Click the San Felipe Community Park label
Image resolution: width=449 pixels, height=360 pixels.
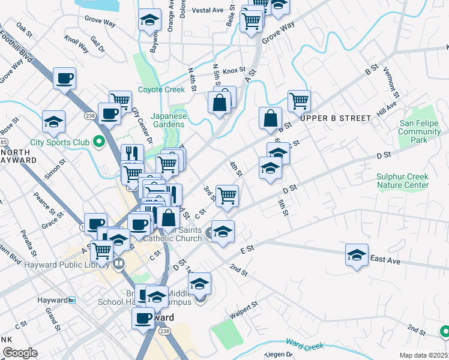420,131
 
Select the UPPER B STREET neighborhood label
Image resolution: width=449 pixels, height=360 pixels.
336,118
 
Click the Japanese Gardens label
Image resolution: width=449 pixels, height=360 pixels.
169,120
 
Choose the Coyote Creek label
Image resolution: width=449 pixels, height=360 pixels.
161,90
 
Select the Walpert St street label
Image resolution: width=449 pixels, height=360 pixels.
243,310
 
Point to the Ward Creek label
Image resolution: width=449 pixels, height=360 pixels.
304,344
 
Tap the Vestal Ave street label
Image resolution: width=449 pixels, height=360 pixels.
208,10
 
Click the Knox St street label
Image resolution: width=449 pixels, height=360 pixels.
234,71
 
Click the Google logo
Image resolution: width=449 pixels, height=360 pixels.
20,352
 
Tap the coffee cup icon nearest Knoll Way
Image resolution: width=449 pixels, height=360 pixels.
64,78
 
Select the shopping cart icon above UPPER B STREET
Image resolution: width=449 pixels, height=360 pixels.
298,101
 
